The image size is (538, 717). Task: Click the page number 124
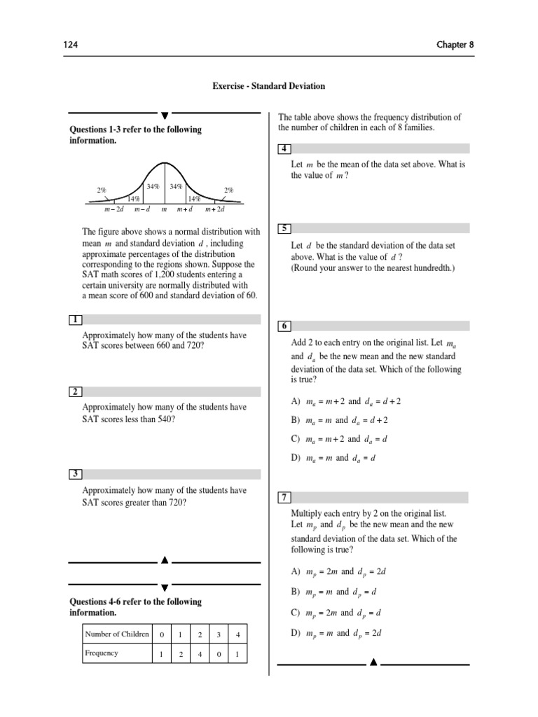71,44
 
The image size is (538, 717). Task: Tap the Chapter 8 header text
456,44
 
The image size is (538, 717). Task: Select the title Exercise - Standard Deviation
269,86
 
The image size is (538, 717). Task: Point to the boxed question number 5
284,228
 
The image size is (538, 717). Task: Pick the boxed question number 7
284,497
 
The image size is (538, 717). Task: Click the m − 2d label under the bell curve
114,209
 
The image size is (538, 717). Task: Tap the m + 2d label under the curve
214,209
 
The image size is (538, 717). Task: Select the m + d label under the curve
185,209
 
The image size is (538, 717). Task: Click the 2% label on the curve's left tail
102,190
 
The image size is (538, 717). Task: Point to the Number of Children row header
116,634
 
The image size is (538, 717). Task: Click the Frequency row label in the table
102,653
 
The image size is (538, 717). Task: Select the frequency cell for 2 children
200,654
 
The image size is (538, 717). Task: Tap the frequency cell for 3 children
219,654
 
